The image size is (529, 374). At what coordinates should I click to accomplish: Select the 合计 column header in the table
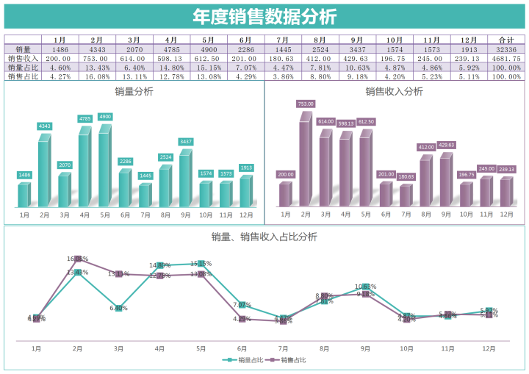tap(505, 40)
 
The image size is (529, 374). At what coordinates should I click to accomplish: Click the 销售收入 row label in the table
tap(22, 58)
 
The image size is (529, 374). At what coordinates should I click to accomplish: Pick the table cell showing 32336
tap(505, 49)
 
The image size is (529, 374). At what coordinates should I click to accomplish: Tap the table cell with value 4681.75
tap(505, 58)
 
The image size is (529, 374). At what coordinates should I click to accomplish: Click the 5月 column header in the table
tap(208, 40)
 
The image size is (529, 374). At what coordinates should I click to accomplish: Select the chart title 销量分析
tap(134, 92)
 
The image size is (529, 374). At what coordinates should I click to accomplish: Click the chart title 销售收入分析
tap(394, 92)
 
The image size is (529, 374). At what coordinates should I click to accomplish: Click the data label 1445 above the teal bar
tap(145, 176)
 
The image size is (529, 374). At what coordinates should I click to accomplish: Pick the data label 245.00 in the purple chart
tap(486, 168)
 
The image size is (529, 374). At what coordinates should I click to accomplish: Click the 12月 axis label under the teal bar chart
tap(246, 215)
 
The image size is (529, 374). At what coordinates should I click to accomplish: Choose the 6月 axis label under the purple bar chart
tap(386, 215)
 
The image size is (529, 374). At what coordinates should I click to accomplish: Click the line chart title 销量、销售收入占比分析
tap(264, 237)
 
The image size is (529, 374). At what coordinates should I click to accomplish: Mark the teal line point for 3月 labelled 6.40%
tap(118, 309)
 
